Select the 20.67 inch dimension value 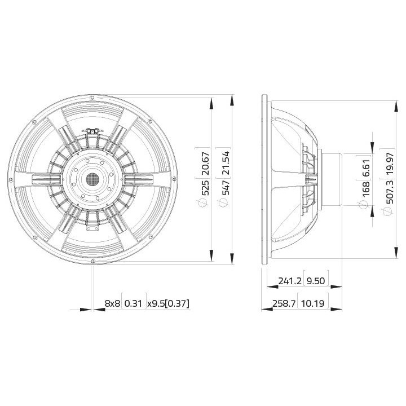pos(205,161)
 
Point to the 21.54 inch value pos(226,161)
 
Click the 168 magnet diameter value pos(366,189)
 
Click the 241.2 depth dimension pos(288,280)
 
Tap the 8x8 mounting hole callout pos(113,304)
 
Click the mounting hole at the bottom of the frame pos(92,261)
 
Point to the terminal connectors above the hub pos(92,130)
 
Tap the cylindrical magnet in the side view pos(332,179)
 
